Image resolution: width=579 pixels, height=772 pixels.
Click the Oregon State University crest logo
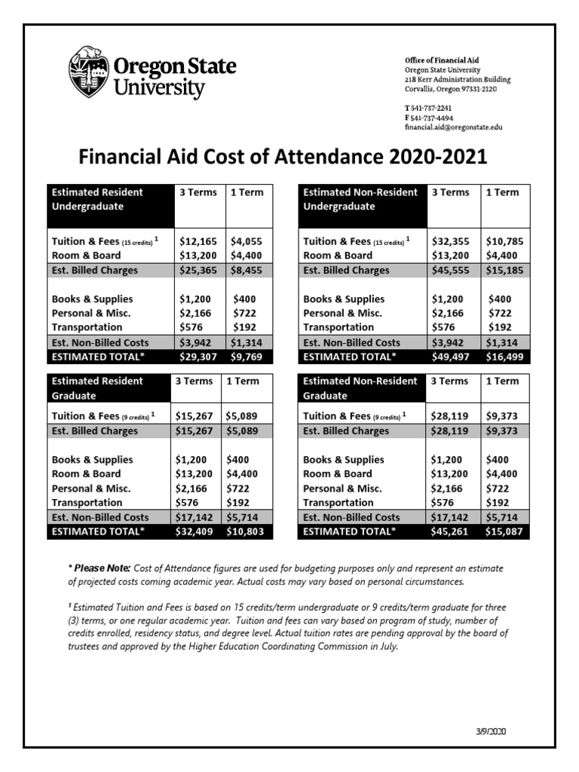point(87,74)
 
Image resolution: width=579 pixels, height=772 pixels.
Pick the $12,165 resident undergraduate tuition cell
point(199,242)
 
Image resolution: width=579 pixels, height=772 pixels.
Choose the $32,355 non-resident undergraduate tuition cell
point(451,242)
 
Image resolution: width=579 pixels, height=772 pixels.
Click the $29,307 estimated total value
point(199,357)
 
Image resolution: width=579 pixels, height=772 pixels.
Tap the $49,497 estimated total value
point(451,357)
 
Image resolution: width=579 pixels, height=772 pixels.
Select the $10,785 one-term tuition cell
point(505,242)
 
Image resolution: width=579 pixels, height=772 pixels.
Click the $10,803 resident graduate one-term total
point(247,532)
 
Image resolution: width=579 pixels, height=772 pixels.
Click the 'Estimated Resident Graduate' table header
point(98,388)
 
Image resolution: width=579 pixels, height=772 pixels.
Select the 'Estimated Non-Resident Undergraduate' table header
point(360,199)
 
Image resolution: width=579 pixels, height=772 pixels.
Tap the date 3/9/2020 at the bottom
point(492,732)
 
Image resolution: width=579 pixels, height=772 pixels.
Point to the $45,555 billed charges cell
point(451,271)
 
